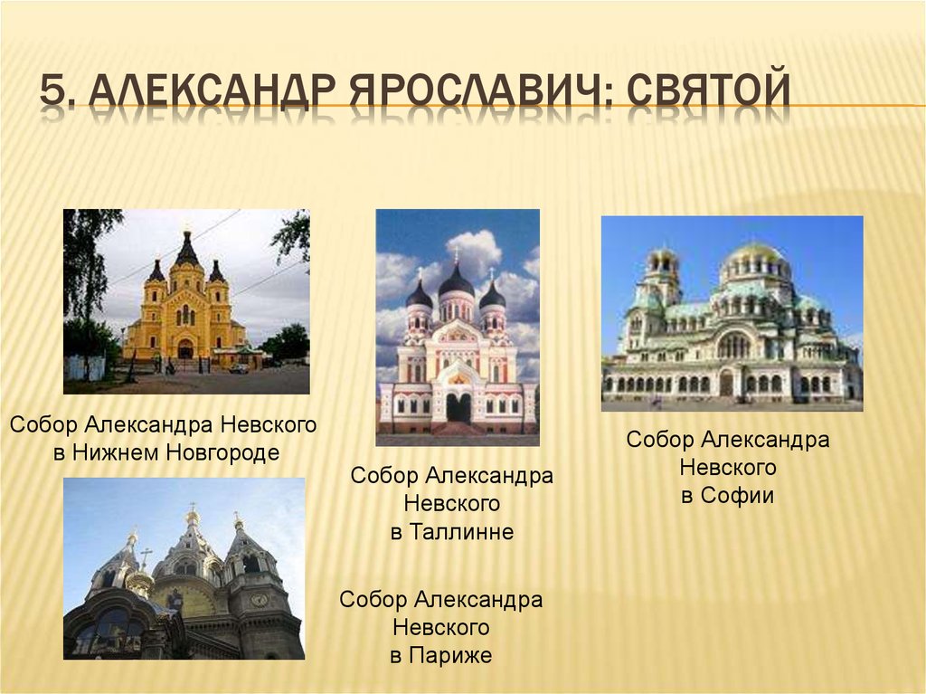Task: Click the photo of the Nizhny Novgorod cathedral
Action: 186,301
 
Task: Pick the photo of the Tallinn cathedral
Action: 458,327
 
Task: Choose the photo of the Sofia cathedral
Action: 732,313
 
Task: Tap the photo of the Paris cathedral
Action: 184,568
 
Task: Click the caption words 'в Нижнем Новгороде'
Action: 165,452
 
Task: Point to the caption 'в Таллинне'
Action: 452,532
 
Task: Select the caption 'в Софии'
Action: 727,495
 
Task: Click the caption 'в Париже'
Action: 441,655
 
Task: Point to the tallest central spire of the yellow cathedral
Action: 187,250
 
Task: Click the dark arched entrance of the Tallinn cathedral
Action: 458,407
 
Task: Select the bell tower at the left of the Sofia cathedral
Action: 663,276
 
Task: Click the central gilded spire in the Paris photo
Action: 192,534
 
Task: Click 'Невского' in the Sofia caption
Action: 727,468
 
